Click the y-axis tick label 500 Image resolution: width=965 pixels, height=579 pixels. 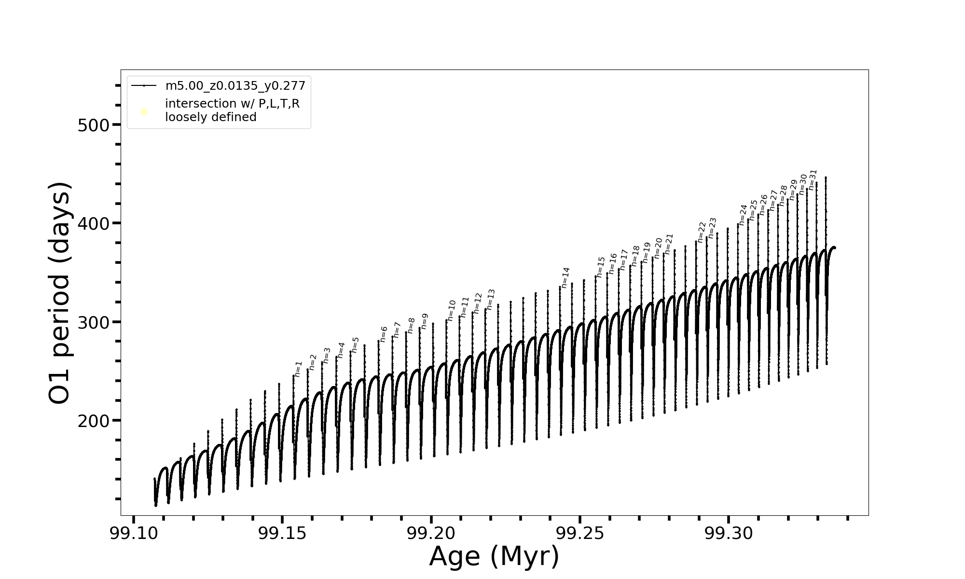coord(94,125)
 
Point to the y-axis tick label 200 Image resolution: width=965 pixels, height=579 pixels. coord(94,421)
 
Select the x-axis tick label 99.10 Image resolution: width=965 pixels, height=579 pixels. coord(134,534)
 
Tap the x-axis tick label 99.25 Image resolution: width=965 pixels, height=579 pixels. coord(580,534)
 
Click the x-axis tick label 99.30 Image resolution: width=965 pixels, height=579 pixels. coord(729,534)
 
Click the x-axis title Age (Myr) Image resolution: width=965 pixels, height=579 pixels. coord(494,556)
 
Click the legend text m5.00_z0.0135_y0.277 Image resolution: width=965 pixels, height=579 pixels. coord(235,86)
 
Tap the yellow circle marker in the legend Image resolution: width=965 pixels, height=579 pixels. coord(144,112)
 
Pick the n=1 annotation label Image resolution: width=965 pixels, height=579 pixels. coord(298,369)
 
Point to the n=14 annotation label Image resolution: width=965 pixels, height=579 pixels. coord(565,278)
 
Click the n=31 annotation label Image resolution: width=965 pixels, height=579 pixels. coord(813,179)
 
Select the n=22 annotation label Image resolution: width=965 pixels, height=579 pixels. coord(702,232)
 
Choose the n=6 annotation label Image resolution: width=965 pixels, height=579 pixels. coord(384,334)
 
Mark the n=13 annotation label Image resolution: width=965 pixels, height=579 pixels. coord(491,299)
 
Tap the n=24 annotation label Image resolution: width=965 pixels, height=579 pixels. coord(743,215)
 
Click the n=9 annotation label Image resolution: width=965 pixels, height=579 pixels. coord(425,321)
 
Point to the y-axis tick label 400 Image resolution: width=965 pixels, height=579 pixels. coord(94,224)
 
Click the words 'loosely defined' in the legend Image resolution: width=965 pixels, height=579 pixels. coord(210,117)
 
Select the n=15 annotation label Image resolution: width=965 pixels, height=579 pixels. coord(601,267)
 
